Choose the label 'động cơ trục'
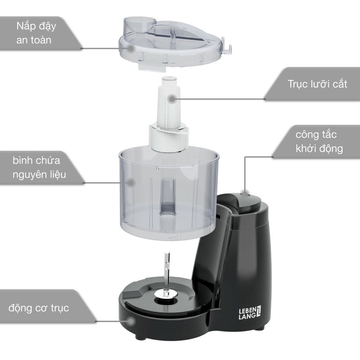click(38, 309)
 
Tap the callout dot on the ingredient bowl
click(131, 183)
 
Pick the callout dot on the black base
click(130, 321)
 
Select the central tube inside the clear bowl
click(167, 193)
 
